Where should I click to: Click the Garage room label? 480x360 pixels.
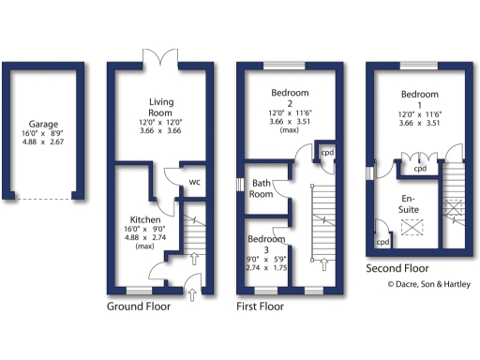coord(43,123)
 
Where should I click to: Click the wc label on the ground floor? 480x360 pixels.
coord(196,182)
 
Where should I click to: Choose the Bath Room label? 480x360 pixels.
coord(262,188)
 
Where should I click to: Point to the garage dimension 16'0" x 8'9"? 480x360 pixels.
coord(43,133)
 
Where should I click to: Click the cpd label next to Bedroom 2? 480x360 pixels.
coord(327,152)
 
